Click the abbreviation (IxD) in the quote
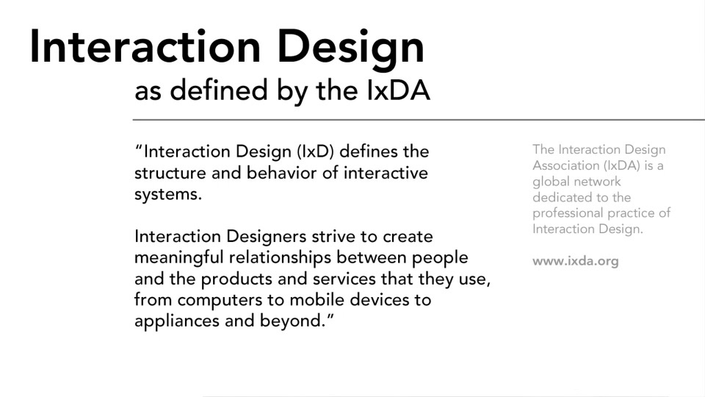coord(316,152)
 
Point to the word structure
coord(169,174)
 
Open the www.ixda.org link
coord(575,261)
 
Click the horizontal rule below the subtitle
coord(419,119)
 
